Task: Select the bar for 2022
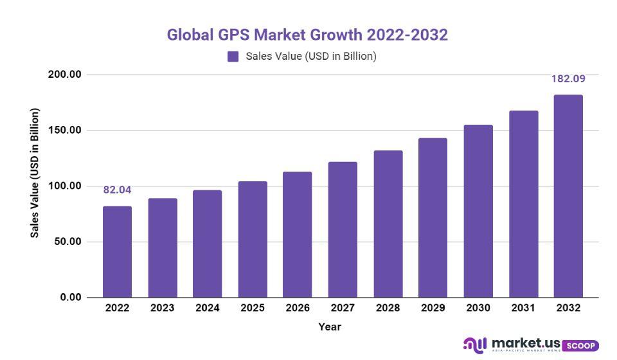(117, 252)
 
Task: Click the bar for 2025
(253, 239)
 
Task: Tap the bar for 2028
(388, 224)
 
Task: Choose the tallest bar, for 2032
(568, 196)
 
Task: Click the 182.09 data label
(568, 79)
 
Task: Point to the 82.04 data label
(117, 190)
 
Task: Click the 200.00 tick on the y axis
(65, 75)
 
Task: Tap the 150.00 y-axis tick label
(65, 130)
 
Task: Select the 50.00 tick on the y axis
(67, 242)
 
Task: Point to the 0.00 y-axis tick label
(70, 298)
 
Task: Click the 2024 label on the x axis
(208, 308)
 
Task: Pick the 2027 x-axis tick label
(343, 308)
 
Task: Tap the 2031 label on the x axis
(523, 308)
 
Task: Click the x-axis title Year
(330, 327)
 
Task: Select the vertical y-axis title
(35, 173)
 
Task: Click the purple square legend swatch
(233, 57)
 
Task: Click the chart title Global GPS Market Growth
(307, 35)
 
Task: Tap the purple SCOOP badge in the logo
(580, 346)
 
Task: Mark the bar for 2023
(163, 248)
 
